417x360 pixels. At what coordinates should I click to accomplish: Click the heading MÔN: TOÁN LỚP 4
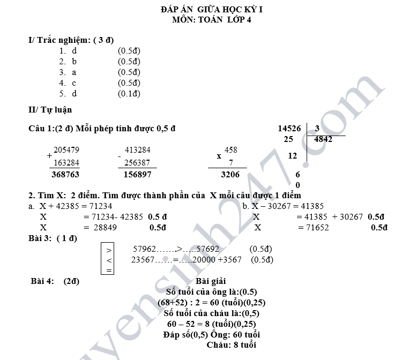coord(211,20)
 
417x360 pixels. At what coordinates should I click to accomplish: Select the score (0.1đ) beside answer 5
coord(129,94)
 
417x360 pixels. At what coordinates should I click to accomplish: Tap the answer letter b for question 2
coord(74,62)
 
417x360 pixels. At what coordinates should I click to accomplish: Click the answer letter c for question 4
coord(74,83)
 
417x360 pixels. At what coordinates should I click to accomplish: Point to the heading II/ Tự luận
coord(50,109)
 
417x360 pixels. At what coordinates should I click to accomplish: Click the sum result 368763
coord(65,175)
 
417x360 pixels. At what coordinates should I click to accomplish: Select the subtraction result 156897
coord(138,175)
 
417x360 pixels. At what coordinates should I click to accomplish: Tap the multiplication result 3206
coord(230,175)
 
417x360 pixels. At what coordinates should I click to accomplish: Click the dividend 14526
coord(289,129)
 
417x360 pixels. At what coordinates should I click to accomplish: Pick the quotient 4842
coord(323,139)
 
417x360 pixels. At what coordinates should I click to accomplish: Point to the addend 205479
coord(66,149)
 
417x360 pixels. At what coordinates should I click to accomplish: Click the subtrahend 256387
coord(137,162)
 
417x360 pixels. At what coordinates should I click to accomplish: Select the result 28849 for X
coord(105,228)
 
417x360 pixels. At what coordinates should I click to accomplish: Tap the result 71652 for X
coord(317,228)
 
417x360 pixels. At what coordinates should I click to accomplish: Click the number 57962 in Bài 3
coord(144,249)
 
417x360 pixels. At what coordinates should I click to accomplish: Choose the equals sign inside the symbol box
coord(109,271)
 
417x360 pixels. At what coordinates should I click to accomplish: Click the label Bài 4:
coord(42,281)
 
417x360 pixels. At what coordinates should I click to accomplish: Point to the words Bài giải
coord(211,281)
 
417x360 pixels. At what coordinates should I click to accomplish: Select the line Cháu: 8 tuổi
coord(232,345)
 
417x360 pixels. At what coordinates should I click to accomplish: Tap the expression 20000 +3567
coord(217,259)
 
